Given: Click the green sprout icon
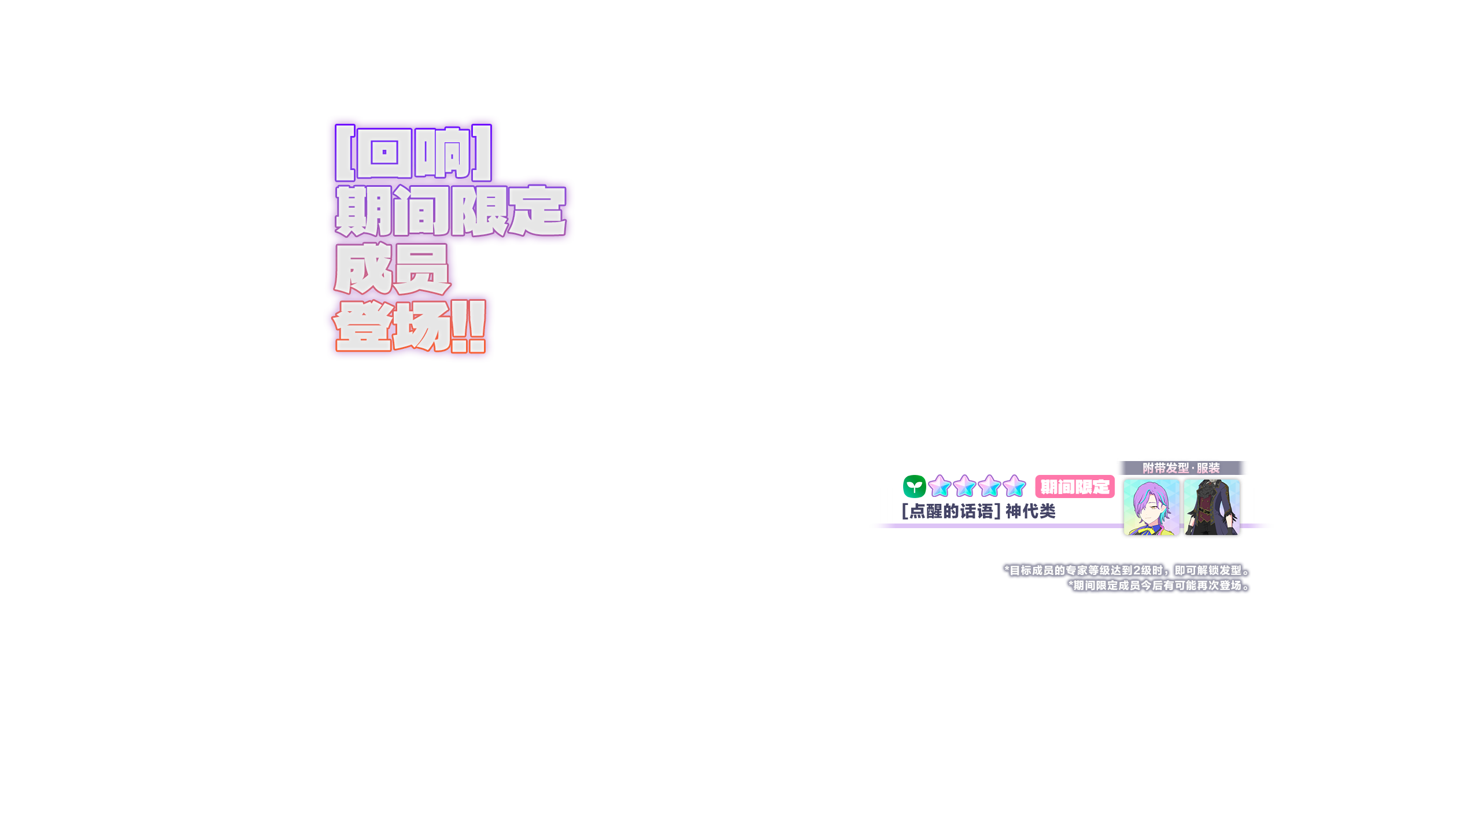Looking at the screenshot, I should point(914,486).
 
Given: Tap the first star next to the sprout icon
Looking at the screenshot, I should point(940,486).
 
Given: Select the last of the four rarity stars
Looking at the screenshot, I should point(1014,486).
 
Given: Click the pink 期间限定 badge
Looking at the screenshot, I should point(1074,486).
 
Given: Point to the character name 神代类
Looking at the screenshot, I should point(1030,511).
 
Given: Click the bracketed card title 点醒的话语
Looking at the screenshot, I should point(951,511).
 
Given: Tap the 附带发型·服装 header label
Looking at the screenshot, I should point(1181,468).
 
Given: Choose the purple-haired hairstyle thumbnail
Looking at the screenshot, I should point(1151,508).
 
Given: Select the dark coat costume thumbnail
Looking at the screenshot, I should point(1211,508).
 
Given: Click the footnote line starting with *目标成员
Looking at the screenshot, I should point(1127,570).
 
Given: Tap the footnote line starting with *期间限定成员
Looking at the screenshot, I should point(1159,585).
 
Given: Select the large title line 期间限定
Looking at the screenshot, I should point(451,211).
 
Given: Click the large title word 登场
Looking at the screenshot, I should point(392,326).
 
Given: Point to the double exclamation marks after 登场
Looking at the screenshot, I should point(468,326).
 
